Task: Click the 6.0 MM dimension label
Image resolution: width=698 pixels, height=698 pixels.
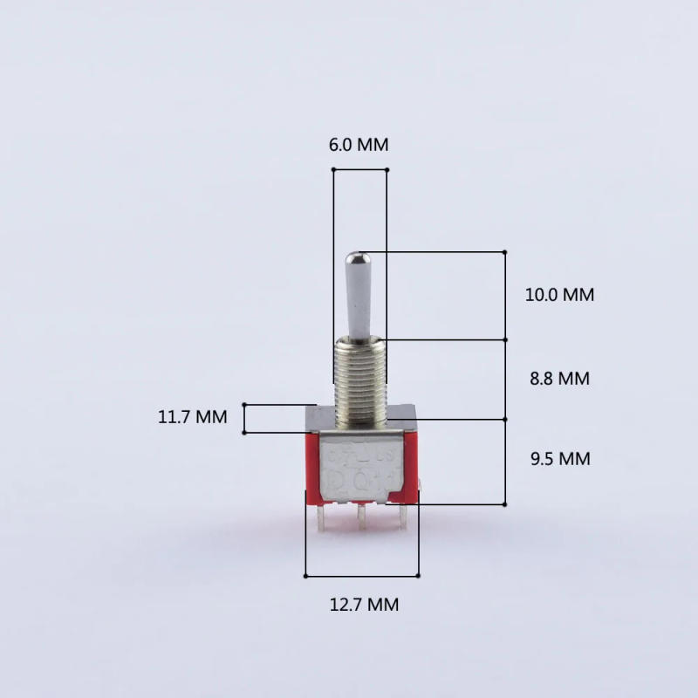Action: pos(359,145)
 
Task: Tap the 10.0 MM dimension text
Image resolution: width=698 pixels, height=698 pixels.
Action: pos(559,295)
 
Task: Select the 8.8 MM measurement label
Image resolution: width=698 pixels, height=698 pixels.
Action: pos(559,379)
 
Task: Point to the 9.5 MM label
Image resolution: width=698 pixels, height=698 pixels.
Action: pos(559,458)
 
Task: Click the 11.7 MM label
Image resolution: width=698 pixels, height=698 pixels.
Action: pos(193,417)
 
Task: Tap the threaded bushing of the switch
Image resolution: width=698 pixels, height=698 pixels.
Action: pos(360,384)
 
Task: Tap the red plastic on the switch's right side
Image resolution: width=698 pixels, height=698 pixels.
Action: pos(412,467)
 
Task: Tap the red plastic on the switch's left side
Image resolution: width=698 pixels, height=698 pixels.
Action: pos(311,467)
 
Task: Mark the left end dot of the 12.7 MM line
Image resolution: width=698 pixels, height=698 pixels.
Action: pos(305,575)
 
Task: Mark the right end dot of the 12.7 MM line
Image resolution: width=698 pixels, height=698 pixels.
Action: pos(419,575)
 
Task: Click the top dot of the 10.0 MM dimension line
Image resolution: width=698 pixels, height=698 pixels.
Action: pos(505,252)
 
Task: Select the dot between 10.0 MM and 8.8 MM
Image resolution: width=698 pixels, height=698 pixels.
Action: pos(505,339)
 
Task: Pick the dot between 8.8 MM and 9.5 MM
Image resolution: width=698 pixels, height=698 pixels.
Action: pos(505,419)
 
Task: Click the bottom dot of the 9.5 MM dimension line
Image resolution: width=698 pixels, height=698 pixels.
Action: pos(505,503)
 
